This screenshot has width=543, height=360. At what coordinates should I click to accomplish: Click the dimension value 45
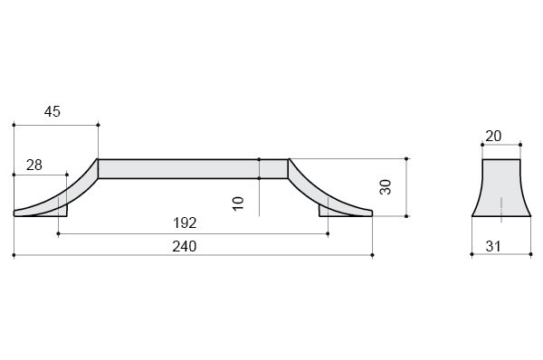(x=52, y=111)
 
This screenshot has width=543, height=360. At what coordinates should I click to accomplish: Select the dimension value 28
(x=34, y=166)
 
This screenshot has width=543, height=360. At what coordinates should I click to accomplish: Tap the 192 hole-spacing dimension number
(x=185, y=223)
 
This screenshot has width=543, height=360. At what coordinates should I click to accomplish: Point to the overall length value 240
(x=185, y=246)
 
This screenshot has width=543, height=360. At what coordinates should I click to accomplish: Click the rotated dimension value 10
(x=238, y=204)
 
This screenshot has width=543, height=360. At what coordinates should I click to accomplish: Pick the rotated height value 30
(x=386, y=187)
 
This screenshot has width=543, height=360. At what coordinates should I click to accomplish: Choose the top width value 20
(x=493, y=136)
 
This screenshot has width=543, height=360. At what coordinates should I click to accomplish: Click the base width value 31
(x=493, y=246)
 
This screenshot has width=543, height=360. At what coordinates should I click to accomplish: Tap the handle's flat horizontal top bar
(x=193, y=168)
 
